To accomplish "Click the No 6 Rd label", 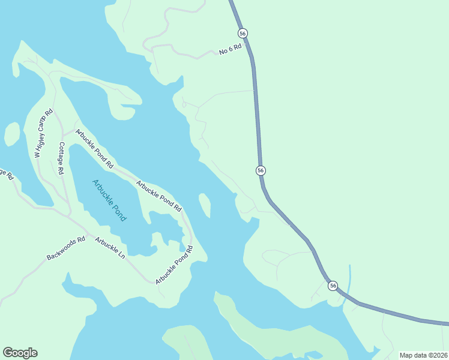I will pos(229,50).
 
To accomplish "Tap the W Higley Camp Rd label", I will pos(44,134).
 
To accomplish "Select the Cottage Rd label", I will pos(61,158).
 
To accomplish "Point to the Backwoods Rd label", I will pos(66,248).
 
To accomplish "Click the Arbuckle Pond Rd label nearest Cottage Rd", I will pos(94,147).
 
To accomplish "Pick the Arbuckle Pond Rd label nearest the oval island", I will pos(158,196).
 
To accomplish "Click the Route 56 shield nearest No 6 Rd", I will pos(243,33).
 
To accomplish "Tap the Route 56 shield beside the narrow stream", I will pos(333,286).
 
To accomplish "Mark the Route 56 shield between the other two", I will pos(261,170).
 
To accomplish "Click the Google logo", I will pos(20,353).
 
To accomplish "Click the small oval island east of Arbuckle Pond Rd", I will pos(205,205).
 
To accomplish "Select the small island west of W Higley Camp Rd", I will pos(12,134).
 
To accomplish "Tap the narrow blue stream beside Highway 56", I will pos(349,282).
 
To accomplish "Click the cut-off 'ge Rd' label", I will pos(6,175).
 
